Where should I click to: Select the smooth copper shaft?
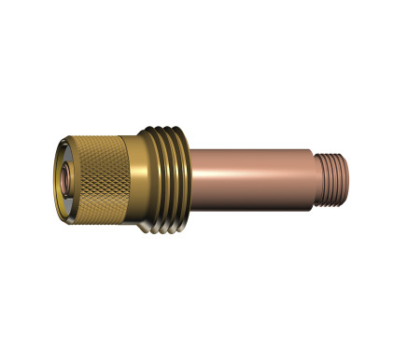(x=252, y=173)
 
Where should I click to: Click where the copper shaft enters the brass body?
(x=194, y=173)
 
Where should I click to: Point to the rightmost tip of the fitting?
(x=352, y=173)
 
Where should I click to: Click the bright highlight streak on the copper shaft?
(x=252, y=159)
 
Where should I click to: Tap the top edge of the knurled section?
(x=98, y=138)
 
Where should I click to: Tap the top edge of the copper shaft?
(x=252, y=146)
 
